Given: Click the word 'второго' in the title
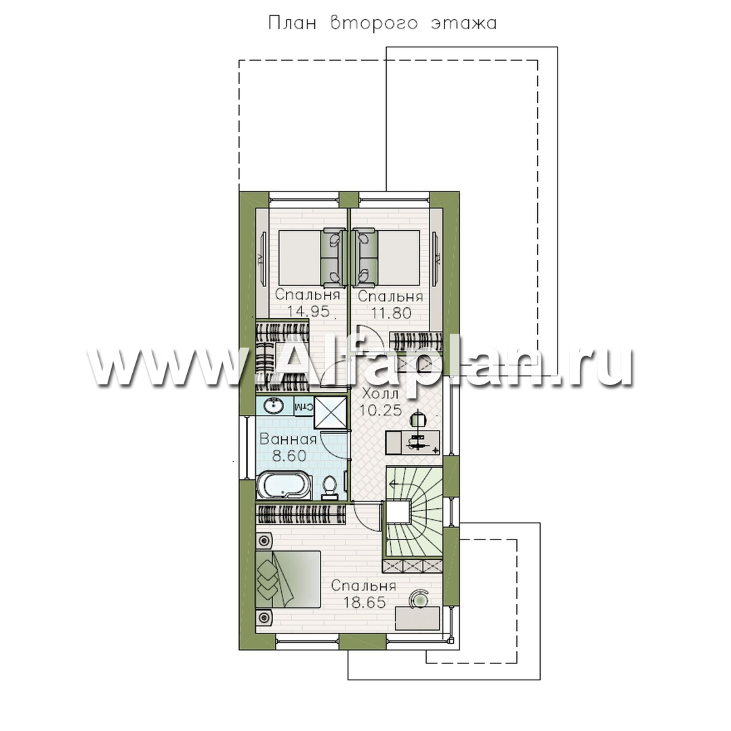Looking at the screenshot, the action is [373, 23].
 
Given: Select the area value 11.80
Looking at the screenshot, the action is [392, 312].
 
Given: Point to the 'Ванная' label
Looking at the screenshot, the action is [289, 439].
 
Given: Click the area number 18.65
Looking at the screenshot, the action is [364, 602].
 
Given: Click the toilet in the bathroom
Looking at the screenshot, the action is [331, 486].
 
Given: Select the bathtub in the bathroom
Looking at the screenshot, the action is [283, 486].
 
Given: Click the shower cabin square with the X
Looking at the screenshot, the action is [331, 413].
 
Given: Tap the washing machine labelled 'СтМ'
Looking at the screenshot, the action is [304, 406].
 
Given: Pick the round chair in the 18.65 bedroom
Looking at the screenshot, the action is [420, 598].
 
